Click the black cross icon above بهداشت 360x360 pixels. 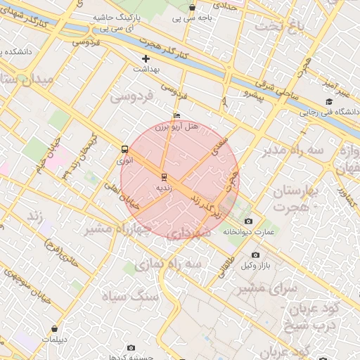[146, 58]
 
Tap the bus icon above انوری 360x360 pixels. [124, 149]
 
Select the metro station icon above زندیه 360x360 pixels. [164, 176]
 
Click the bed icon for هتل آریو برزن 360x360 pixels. [176, 115]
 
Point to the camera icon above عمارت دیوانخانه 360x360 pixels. [248, 221]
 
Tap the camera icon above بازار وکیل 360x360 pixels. [255, 255]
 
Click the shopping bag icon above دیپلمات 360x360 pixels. [54, 328]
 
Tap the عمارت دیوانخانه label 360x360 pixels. [250, 231]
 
